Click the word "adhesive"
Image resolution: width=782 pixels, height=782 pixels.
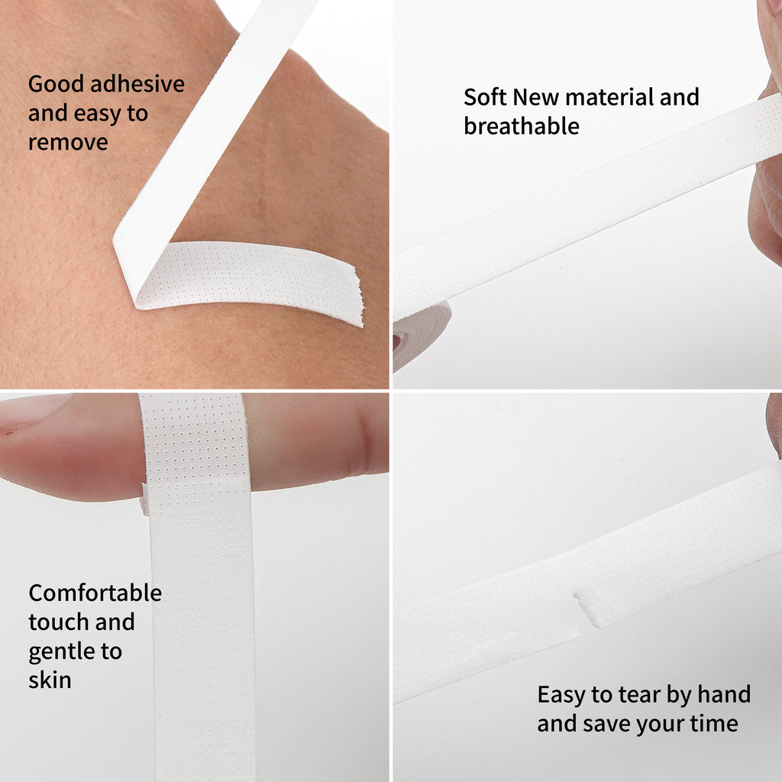137,84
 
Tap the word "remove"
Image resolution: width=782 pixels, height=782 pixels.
68,143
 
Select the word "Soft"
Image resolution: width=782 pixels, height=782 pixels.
484,97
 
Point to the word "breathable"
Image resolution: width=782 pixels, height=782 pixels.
521,126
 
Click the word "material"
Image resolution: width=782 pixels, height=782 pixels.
609,97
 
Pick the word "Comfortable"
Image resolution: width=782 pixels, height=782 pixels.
95,593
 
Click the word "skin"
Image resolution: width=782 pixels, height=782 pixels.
50,680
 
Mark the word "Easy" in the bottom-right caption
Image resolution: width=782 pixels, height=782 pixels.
561,695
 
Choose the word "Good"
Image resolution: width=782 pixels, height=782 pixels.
56,84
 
